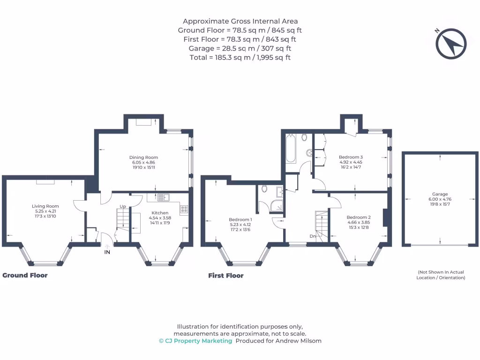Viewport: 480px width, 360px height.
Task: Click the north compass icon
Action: click(451, 44)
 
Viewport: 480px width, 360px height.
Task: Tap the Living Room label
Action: click(45, 206)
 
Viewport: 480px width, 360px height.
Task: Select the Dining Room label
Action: click(144, 157)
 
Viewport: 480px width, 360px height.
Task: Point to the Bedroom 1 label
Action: click(240, 219)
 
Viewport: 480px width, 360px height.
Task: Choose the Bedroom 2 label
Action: click(359, 217)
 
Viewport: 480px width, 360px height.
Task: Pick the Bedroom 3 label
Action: click(351, 157)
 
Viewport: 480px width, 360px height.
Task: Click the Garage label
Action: click(440, 194)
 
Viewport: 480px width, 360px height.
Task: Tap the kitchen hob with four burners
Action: click(184, 209)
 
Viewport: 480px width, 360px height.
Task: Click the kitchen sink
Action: click(164, 197)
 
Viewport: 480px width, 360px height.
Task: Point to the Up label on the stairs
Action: click(123, 206)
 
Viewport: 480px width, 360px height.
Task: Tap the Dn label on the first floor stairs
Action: click(313, 236)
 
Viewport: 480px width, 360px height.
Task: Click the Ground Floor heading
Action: click(25, 275)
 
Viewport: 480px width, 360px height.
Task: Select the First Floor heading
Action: click(226, 276)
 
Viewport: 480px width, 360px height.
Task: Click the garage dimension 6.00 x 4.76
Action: click(440, 199)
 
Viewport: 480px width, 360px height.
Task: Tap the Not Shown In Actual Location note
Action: click(441, 275)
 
